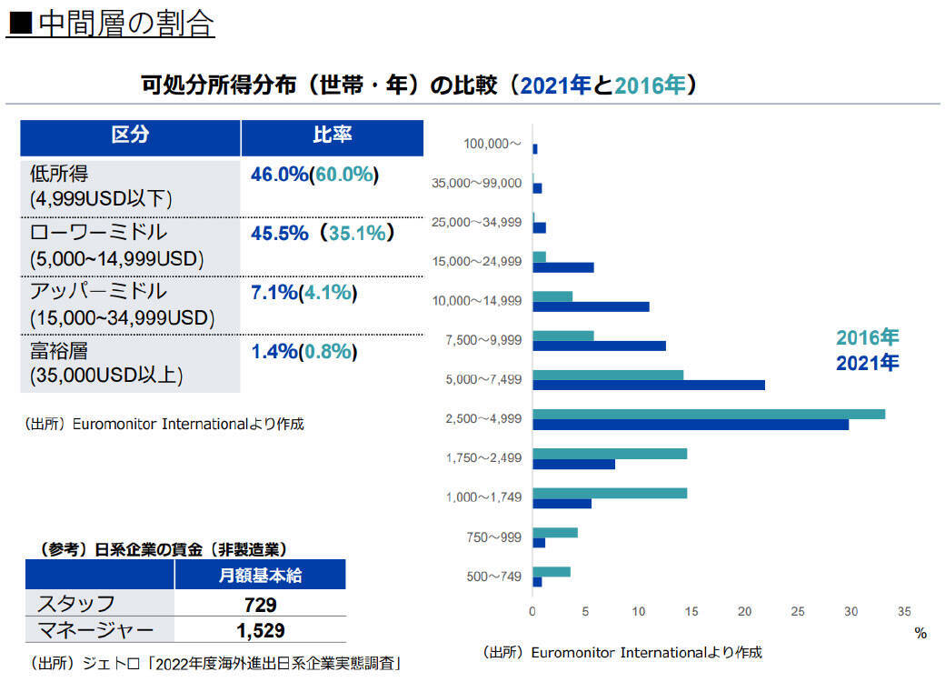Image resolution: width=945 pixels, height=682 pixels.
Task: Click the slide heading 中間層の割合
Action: point(111,24)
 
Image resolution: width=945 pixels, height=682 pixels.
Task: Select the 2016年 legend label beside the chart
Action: point(867,338)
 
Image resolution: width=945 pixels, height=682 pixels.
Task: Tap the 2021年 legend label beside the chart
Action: point(867,363)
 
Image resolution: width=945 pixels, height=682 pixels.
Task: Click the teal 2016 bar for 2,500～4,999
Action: point(708,415)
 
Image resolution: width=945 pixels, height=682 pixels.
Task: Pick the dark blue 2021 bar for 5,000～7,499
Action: point(648,385)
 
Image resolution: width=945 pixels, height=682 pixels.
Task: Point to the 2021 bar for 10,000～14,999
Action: point(591,306)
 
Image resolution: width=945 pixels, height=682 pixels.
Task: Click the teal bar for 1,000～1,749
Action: point(609,493)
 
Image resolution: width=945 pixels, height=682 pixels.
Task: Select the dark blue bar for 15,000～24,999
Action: point(562,267)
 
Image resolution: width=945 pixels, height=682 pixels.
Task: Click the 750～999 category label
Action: point(495,537)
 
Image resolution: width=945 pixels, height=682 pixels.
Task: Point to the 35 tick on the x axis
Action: point(904,611)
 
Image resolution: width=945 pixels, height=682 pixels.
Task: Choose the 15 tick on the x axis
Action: point(691,611)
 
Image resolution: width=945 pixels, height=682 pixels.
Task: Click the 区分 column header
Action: point(130,136)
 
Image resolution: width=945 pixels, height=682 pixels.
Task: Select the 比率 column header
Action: point(332,136)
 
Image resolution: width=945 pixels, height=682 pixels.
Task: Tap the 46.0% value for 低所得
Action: point(279,175)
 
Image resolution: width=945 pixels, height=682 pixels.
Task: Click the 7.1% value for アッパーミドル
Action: point(274,293)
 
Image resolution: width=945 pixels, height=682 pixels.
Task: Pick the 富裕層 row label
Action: point(59,351)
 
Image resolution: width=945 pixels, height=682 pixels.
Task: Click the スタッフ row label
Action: point(75,604)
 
